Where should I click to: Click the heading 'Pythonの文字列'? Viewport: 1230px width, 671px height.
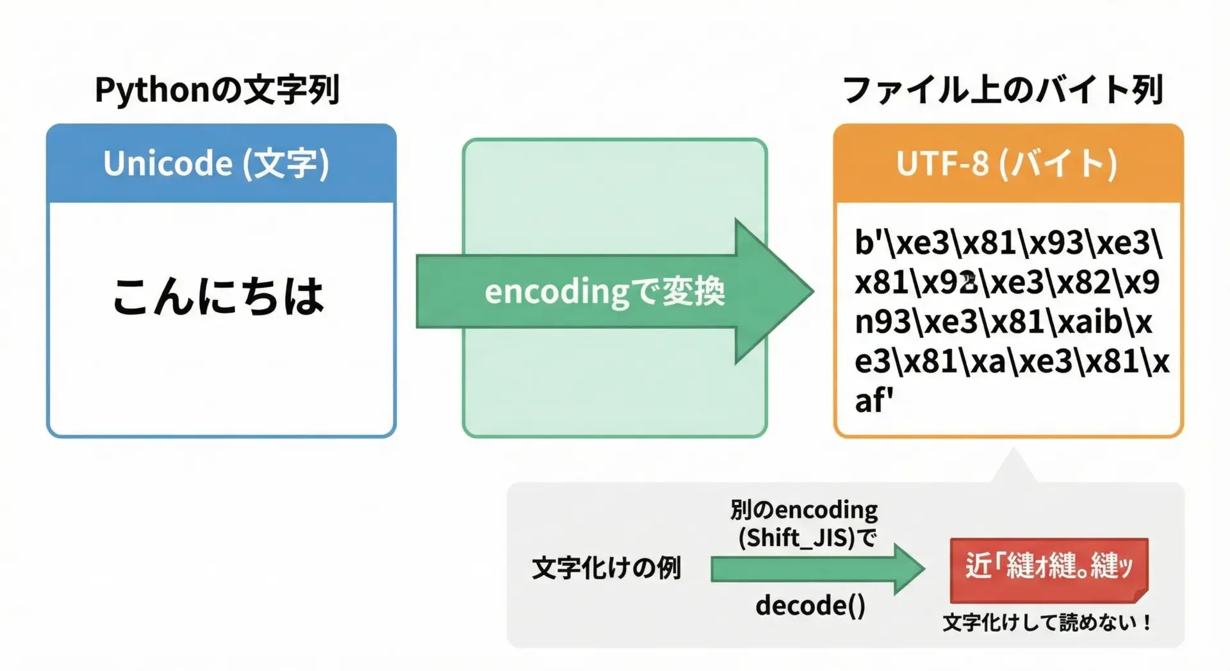tap(217, 90)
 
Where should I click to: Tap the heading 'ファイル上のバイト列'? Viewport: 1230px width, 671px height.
tap(1003, 90)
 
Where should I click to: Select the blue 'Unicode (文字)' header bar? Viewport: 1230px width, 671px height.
tap(221, 163)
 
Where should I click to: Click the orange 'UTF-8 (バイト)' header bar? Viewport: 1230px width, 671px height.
tap(1008, 163)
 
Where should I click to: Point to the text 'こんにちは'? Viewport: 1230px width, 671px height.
tap(218, 296)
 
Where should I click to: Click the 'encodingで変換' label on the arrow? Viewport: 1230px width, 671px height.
tap(605, 292)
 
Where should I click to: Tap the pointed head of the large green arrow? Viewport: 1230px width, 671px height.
tap(812, 292)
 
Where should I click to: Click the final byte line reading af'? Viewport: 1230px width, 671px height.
tap(874, 401)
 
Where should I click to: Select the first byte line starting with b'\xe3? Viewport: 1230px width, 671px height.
tap(1008, 243)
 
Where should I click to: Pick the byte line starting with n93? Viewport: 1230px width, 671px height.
tap(1003, 322)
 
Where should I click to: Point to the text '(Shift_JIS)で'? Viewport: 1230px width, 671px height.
tap(807, 538)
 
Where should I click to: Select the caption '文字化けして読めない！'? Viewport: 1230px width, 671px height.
tap(1047, 622)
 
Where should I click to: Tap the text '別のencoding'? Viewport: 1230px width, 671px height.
tap(804, 510)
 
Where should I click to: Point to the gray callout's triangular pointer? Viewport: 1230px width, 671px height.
tap(1013, 467)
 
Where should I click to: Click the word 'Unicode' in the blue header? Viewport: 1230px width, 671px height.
tap(168, 163)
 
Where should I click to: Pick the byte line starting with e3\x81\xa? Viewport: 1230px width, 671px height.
tap(1012, 362)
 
